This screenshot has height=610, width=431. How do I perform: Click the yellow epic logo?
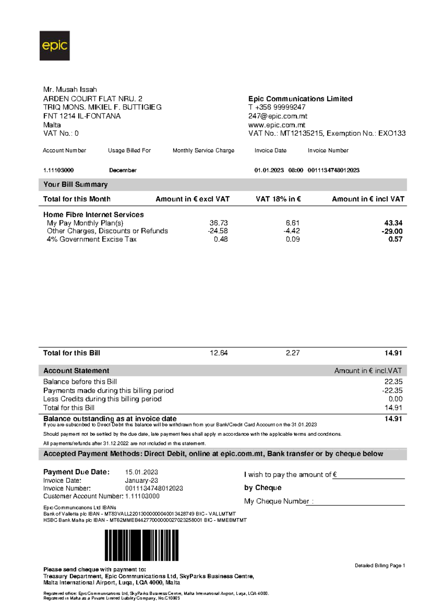point(55,46)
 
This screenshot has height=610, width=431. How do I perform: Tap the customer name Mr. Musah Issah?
point(70,89)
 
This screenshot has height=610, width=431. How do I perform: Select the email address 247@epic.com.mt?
point(278,116)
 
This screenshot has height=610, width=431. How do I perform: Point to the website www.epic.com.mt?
point(277,125)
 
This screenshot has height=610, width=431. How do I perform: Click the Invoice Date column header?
point(270,151)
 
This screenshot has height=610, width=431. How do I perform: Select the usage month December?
point(123,170)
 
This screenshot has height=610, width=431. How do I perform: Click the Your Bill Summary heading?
point(75,185)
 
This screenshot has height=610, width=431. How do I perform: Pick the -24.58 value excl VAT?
point(218,231)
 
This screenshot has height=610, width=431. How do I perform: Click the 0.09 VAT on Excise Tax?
point(293,239)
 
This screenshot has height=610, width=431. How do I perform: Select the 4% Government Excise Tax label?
point(92,239)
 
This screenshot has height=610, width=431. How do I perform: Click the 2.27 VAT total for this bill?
point(293,353)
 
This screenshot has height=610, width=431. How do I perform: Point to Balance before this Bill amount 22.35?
point(393,382)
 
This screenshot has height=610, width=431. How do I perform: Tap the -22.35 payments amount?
point(392,391)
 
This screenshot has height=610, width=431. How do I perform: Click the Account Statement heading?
point(76,371)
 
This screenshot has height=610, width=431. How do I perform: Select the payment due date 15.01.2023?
point(142,472)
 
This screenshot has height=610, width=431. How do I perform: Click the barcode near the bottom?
point(142,545)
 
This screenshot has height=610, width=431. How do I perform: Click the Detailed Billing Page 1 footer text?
point(380,565)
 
